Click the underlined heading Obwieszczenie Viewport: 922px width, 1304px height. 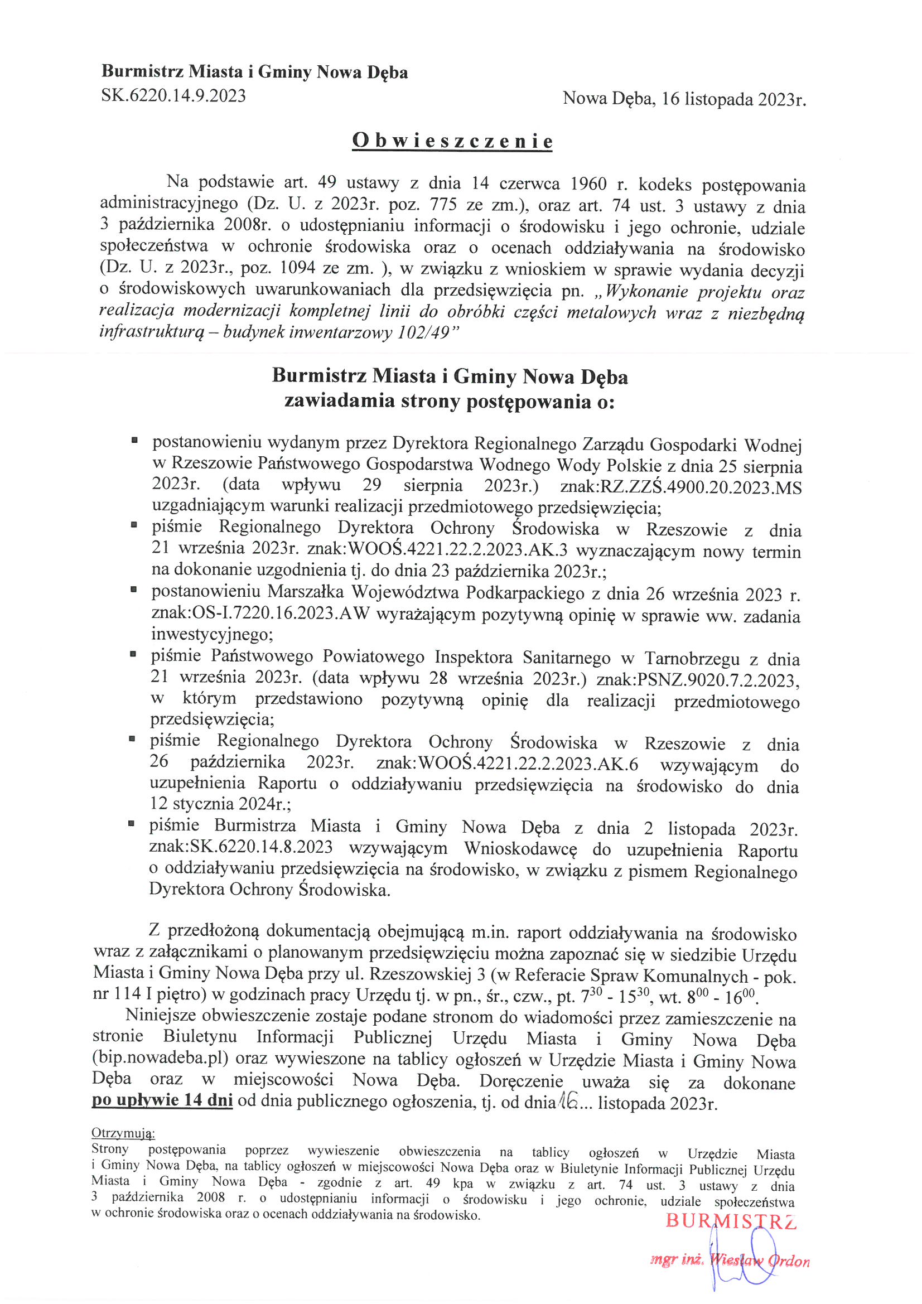tap(452, 141)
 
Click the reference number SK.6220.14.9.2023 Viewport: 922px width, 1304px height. tap(173, 96)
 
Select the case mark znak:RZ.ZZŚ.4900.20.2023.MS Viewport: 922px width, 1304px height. tap(680, 487)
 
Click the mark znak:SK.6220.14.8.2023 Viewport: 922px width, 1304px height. tap(241, 847)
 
